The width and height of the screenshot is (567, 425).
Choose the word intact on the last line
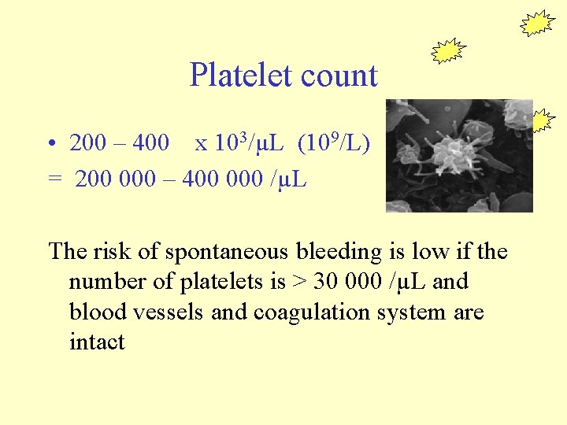[x=97, y=342]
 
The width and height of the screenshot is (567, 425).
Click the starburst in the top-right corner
[x=538, y=24]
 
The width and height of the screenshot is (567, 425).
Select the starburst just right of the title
[x=449, y=51]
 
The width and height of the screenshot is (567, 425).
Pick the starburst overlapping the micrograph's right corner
[x=541, y=120]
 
